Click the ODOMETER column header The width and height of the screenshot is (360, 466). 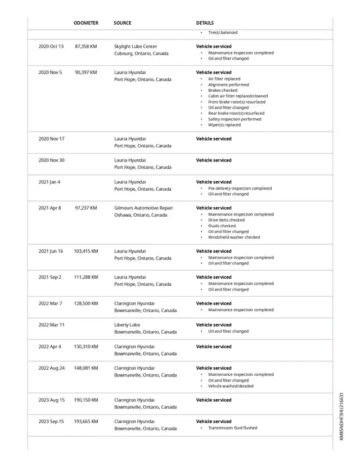click(86, 23)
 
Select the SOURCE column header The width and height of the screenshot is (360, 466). click(122, 23)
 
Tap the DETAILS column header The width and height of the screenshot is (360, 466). click(205, 23)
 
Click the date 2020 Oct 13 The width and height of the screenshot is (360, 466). click(51, 47)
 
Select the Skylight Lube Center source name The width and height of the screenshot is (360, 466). click(136, 47)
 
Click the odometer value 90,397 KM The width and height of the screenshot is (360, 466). click(85, 73)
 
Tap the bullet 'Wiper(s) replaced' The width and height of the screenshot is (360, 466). click(224, 125)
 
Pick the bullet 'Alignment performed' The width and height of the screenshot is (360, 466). click(228, 85)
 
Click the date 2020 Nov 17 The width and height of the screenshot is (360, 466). click(51, 138)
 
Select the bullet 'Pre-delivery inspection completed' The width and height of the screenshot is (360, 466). click(240, 189)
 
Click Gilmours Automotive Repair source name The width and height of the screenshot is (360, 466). click(143, 208)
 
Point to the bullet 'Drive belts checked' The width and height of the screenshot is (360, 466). click(226, 220)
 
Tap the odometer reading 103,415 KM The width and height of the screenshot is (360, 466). click(85, 252)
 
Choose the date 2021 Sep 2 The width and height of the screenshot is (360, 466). click(49, 277)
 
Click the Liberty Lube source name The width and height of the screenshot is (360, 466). click(127, 325)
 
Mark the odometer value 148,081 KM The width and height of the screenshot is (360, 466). click(85, 369)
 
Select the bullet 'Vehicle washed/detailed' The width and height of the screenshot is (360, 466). click(231, 386)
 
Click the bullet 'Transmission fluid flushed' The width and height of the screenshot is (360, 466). click(232, 428)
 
